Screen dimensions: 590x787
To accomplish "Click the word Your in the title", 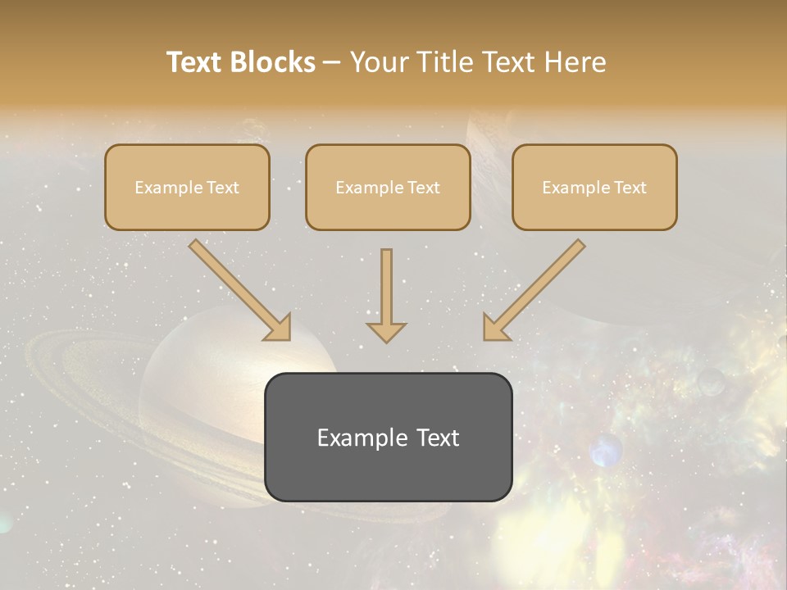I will pyautogui.click(x=375, y=62).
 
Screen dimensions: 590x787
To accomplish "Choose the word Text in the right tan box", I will pyautogui.click(x=630, y=188).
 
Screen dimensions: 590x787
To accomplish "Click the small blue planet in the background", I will pyautogui.click(x=606, y=450).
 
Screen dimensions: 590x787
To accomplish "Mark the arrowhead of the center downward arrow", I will pyautogui.click(x=386, y=331).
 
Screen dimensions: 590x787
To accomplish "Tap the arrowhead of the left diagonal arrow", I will pyautogui.click(x=279, y=328).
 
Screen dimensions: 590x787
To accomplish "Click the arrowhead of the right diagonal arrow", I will pyautogui.click(x=495, y=328).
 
